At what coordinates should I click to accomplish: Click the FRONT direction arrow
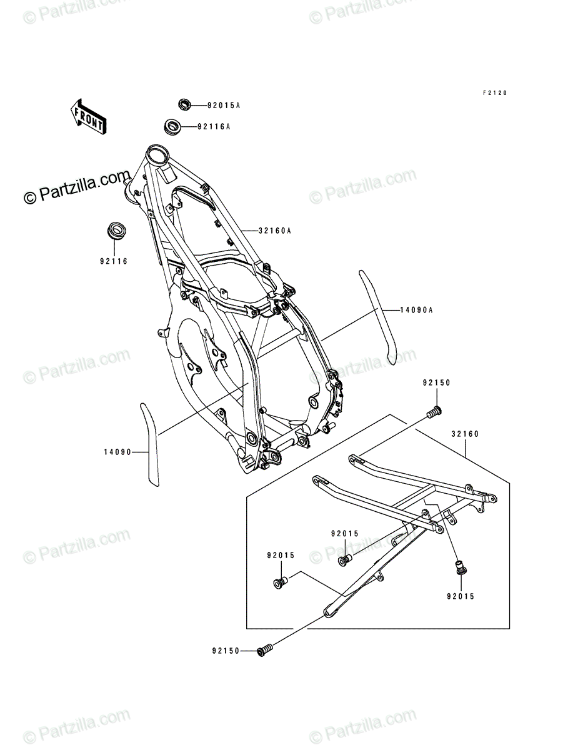[x=88, y=116]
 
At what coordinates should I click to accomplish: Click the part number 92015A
[x=224, y=106]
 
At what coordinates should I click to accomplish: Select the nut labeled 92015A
[x=184, y=104]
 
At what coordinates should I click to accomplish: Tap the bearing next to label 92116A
[x=172, y=127]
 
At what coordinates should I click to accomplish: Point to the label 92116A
[x=214, y=127]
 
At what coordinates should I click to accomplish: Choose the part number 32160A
[x=274, y=231]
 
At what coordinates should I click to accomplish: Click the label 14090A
[x=416, y=310]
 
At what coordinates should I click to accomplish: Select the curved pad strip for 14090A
[x=377, y=317]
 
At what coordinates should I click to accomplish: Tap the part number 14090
[x=117, y=452]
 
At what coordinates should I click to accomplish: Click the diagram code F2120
[x=495, y=93]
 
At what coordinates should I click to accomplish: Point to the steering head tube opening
[x=157, y=156]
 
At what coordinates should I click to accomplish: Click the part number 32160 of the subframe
[x=465, y=434]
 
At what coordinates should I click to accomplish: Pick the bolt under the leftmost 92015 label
[x=281, y=582]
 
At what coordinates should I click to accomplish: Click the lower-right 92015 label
[x=461, y=596]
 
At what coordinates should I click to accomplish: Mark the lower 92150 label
[x=226, y=651]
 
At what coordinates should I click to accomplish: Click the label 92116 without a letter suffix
[x=114, y=261]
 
